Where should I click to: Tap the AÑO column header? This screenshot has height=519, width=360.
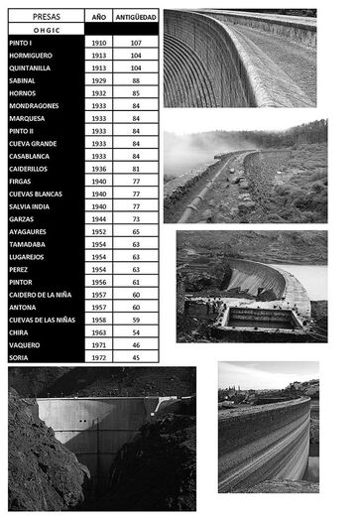coord(98,17)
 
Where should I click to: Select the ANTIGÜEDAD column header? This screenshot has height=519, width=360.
coord(135,17)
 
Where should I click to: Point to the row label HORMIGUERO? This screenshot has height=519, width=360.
coord(33,56)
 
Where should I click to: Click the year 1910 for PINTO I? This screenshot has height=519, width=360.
coord(98,44)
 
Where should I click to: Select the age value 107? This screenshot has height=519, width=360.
coord(135,44)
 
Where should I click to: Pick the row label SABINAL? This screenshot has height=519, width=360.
coord(24,80)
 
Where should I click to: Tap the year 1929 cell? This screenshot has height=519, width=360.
coord(98,80)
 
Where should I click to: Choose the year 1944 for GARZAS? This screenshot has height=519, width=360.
coord(98,218)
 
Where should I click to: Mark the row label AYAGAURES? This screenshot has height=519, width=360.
coord(30,231)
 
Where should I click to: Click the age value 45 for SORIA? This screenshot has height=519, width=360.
coord(135,357)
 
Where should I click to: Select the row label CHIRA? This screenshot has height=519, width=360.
coord(20,331)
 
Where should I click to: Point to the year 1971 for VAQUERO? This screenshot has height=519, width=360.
coord(98,344)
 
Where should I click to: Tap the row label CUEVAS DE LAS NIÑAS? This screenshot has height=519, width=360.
coord(42,319)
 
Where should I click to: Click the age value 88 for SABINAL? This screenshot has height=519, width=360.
coord(135,80)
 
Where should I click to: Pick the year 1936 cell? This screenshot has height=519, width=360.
coord(98,169)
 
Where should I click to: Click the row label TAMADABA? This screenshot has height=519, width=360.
coord(28,243)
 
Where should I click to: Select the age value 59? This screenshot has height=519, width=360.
coord(135,319)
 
